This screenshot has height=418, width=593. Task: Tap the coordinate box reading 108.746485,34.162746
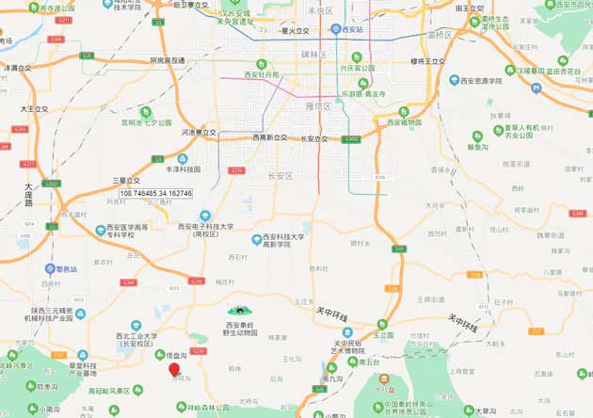tap(155, 193)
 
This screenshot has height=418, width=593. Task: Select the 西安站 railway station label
tap(351, 30)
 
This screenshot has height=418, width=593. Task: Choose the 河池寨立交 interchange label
tap(199, 133)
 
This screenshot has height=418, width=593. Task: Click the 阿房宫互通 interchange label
tap(167, 60)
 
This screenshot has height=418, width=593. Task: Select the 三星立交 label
tap(126, 180)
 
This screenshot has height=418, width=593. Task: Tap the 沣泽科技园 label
tap(183, 170)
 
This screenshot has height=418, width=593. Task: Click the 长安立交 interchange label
tap(313, 138)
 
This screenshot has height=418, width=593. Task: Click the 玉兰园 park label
tap(382, 334)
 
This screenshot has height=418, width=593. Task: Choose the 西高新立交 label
tap(268, 137)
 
